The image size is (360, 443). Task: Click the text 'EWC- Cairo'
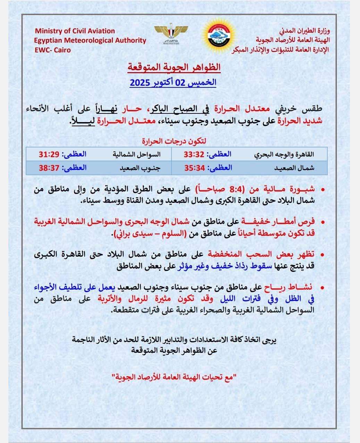(52, 50)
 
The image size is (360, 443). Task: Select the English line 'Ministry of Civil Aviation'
(75, 31)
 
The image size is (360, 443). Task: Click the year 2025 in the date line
(140, 83)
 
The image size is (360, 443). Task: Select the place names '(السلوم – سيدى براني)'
(149, 234)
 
